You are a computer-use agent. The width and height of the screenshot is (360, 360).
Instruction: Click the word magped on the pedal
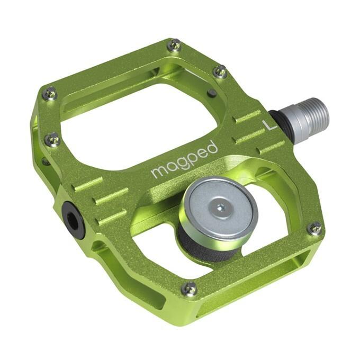(x=184, y=159)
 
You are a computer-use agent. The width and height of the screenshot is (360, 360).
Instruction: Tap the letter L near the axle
(x=268, y=126)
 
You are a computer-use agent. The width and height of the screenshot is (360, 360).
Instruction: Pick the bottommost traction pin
(x=189, y=289)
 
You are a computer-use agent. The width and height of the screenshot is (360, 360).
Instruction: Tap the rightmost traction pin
(x=314, y=228)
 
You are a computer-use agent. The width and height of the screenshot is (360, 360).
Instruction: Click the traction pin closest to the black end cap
(x=52, y=140)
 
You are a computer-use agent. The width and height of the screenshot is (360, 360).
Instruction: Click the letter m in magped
(x=157, y=172)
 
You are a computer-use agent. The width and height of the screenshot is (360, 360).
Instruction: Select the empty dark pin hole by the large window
(x=212, y=93)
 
